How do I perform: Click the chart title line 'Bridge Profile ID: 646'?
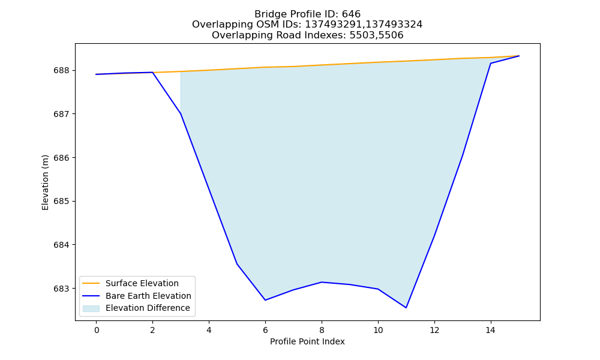click(x=307, y=14)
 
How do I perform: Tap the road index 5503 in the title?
click(x=362, y=35)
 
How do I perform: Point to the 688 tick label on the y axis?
click(x=61, y=71)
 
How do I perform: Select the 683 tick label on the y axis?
click(x=61, y=289)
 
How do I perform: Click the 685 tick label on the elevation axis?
click(x=61, y=201)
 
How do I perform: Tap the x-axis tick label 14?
click(x=491, y=330)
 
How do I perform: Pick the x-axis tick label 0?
click(x=97, y=330)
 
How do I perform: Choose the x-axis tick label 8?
click(x=322, y=330)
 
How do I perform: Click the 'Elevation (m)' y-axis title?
click(x=45, y=182)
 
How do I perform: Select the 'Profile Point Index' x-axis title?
click(x=307, y=341)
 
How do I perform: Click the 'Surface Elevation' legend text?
click(x=142, y=283)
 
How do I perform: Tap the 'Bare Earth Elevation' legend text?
click(x=148, y=296)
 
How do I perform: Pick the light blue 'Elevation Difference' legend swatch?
click(x=91, y=308)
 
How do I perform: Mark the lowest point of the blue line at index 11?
click(x=406, y=308)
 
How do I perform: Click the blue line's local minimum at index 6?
click(x=265, y=300)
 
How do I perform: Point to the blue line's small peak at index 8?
click(x=322, y=282)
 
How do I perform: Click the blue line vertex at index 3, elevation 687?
click(x=181, y=113)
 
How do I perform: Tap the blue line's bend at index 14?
click(x=491, y=64)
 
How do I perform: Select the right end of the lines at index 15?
click(x=519, y=56)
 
